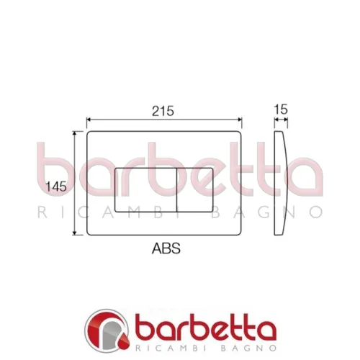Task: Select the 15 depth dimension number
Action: [x=281, y=110]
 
